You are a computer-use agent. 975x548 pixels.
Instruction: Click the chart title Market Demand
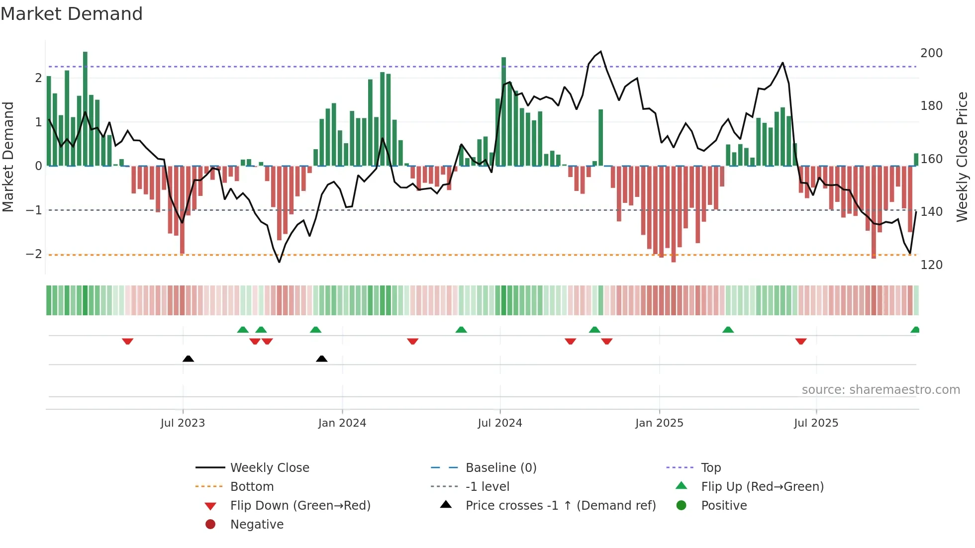click(72, 14)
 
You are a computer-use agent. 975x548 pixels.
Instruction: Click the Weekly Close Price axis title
click(962, 157)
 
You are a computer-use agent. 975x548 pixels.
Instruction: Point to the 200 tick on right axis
click(931, 53)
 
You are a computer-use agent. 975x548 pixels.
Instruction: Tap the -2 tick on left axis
click(34, 254)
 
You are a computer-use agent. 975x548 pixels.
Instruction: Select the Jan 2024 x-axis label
click(342, 423)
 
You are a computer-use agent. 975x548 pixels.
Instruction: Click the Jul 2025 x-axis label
click(816, 423)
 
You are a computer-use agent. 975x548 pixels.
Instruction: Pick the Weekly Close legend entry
click(269, 468)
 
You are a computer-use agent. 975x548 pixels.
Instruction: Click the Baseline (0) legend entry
click(500, 468)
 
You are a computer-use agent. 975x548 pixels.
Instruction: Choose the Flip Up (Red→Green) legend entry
click(762, 487)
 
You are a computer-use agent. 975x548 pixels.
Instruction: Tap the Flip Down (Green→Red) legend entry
click(300, 506)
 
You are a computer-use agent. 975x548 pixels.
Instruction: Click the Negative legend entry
click(257, 525)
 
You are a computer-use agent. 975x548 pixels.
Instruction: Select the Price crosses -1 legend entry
click(560, 506)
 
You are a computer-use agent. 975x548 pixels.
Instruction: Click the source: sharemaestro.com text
click(880, 390)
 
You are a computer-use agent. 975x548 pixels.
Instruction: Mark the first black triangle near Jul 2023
click(188, 359)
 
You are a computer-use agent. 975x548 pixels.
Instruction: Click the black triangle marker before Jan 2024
click(322, 359)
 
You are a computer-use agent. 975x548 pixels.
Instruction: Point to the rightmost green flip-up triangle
click(915, 330)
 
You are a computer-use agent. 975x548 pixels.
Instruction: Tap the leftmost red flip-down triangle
click(127, 341)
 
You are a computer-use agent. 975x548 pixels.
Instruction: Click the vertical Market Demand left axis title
click(8, 157)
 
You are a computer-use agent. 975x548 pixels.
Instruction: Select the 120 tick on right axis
click(931, 265)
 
